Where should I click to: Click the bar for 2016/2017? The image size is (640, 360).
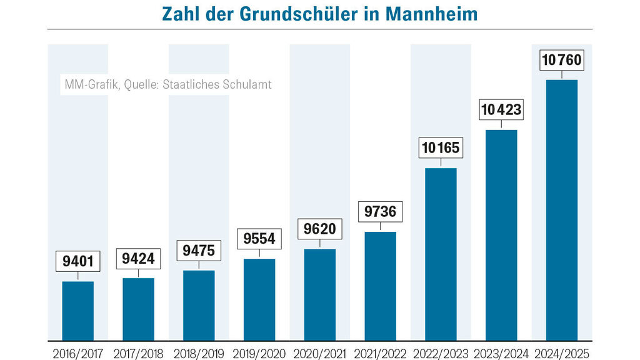coord(78,311)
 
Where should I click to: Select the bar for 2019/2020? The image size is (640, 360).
coord(259,299)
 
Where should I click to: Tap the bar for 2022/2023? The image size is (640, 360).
coord(441,254)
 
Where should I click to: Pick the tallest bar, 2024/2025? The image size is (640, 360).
coord(561,210)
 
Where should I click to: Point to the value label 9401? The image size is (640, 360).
coord(78,261)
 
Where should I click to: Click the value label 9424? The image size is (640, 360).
coord(138,257)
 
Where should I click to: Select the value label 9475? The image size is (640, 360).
coord(199,250)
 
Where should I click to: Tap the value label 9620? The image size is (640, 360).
coord(320,229)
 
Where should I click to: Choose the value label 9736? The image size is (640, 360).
coord(380,211)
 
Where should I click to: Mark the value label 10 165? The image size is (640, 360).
coord(441,148)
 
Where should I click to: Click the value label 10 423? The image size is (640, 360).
coord(501,110)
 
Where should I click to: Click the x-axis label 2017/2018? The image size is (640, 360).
coord(138,354)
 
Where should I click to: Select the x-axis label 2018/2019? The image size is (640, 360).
coord(199,354)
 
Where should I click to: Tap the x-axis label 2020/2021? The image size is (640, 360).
coord(320,354)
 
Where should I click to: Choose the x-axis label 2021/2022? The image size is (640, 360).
coord(380,354)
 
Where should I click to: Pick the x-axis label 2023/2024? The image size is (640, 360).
coord(501,354)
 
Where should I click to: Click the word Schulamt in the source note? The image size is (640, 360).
coord(248,84)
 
